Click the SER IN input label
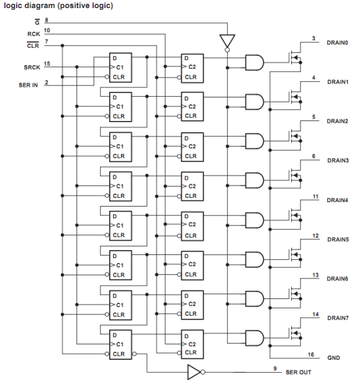(x=28, y=85)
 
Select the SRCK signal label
(x=32, y=67)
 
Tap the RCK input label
(x=34, y=33)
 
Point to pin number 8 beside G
(x=47, y=20)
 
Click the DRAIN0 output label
(x=337, y=43)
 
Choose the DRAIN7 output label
(x=338, y=318)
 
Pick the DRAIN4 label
(x=337, y=200)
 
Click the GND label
(x=333, y=357)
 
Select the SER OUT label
(x=299, y=372)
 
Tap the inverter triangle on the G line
(x=227, y=41)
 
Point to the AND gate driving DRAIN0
(x=254, y=63)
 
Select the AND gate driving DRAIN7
(x=254, y=338)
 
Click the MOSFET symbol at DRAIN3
(x=295, y=175)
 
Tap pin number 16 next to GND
(x=311, y=354)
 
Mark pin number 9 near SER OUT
(x=275, y=368)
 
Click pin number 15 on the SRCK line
(x=47, y=64)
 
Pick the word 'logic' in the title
(x=13, y=6)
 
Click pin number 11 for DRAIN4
(x=316, y=197)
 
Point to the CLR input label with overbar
(x=33, y=45)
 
